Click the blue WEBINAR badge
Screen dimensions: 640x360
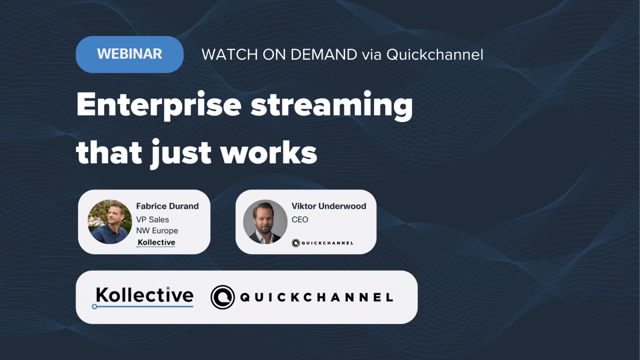[130, 54]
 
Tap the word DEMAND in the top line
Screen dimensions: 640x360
[324, 54]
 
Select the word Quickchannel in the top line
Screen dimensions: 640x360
[435, 54]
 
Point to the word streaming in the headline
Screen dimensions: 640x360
[332, 106]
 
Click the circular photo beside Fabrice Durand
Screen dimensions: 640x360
[110, 222]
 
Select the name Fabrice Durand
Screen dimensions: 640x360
[168, 206]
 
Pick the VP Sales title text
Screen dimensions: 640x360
[152, 220]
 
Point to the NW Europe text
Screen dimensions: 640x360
[157, 230]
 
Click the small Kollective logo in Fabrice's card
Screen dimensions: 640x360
[156, 242]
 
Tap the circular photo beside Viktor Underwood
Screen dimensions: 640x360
[265, 222]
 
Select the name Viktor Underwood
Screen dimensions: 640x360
[329, 206]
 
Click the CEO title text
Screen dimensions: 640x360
[300, 220]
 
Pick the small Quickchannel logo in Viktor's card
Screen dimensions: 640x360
[322, 243]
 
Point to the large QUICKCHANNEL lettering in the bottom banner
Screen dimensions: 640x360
[317, 298]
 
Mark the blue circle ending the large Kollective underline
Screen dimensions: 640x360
[94, 306]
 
